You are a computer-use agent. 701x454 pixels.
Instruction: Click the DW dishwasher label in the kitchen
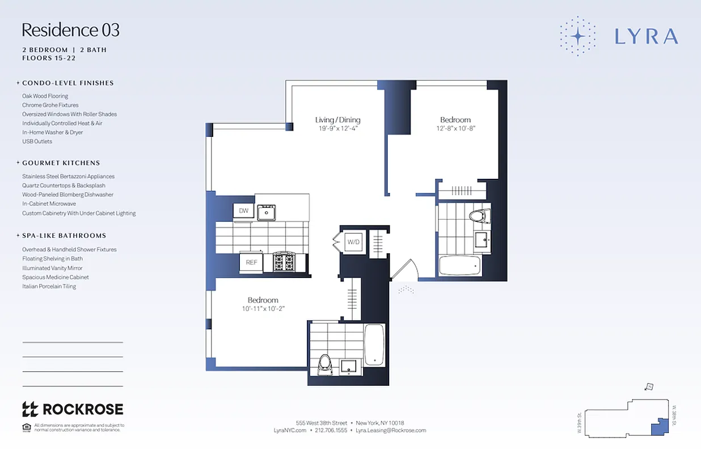(x=244, y=211)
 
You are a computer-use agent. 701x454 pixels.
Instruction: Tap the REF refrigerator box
(x=251, y=262)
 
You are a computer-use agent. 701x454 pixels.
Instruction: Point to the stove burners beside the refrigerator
(x=284, y=262)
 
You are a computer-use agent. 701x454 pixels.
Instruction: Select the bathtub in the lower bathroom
(x=374, y=344)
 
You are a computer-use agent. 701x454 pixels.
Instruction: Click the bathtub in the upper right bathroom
(x=460, y=266)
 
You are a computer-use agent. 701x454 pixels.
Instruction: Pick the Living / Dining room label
(x=337, y=120)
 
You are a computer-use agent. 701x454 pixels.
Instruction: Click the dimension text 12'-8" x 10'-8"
(x=455, y=129)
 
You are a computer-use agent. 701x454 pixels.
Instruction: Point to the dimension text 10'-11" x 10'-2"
(x=263, y=309)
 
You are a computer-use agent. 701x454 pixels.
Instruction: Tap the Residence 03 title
(x=71, y=30)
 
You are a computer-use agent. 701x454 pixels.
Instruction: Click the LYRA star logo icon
(x=577, y=36)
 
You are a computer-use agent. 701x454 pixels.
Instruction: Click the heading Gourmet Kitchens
(x=61, y=163)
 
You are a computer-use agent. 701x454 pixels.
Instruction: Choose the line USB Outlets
(x=37, y=141)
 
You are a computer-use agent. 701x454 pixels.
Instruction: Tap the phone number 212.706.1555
(x=331, y=431)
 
